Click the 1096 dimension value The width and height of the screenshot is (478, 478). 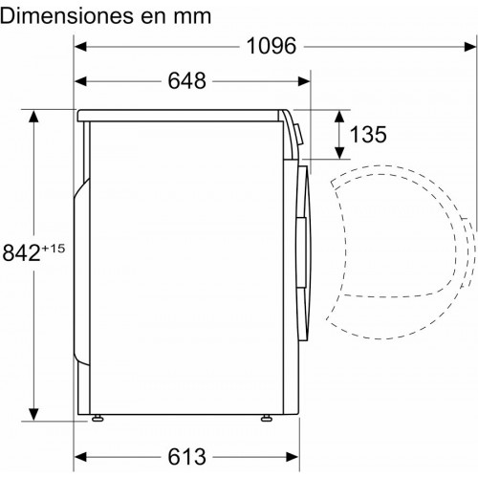pyautogui.click(x=272, y=46)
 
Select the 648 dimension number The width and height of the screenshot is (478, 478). pyautogui.click(x=187, y=81)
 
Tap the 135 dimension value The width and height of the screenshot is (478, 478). pyautogui.click(x=368, y=134)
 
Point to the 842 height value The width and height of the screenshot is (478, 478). pyautogui.click(x=21, y=252)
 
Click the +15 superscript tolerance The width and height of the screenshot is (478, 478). pyautogui.click(x=54, y=249)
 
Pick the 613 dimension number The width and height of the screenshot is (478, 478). pyautogui.click(x=187, y=457)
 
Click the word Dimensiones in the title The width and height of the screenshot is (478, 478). pyautogui.click(x=67, y=16)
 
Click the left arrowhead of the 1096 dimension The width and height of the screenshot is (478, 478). pyautogui.click(x=80, y=47)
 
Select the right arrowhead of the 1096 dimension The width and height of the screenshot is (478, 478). pyautogui.click(x=470, y=47)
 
